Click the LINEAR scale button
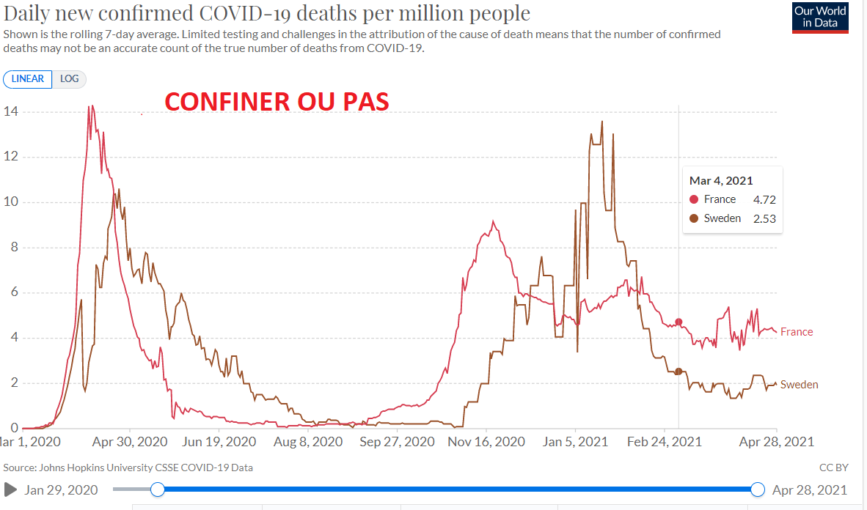(28, 79)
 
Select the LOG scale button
(70, 79)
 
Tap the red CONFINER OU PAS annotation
(276, 101)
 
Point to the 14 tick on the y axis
(10, 111)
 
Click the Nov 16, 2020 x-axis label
(486, 442)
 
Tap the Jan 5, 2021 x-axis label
(576, 442)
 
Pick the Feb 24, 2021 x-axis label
(665, 442)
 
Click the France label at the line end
(797, 332)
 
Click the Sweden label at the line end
(799, 385)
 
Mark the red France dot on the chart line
(678, 322)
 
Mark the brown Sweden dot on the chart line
(678, 372)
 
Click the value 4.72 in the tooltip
(764, 199)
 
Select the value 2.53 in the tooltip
(764, 218)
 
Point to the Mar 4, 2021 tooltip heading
(721, 180)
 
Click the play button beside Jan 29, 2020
(10, 489)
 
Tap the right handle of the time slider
(758, 489)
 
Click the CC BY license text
(833, 467)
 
